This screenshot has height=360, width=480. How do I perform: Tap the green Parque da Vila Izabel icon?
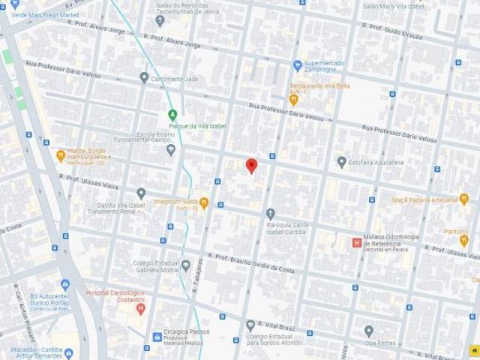[x=173, y=115]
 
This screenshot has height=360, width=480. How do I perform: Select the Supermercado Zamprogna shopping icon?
[x=298, y=64]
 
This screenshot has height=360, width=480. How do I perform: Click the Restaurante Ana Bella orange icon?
[x=294, y=98]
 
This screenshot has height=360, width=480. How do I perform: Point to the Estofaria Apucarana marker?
[x=341, y=161]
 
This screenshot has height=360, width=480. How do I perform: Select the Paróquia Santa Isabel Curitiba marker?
[x=271, y=214]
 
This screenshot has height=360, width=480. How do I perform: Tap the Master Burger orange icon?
[x=60, y=156]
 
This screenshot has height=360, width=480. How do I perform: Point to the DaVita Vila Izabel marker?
[x=141, y=193]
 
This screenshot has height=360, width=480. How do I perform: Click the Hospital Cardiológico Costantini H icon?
[x=139, y=307]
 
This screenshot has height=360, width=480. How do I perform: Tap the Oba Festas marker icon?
[x=369, y=331]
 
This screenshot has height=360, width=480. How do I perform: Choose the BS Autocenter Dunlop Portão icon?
[x=64, y=285]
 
